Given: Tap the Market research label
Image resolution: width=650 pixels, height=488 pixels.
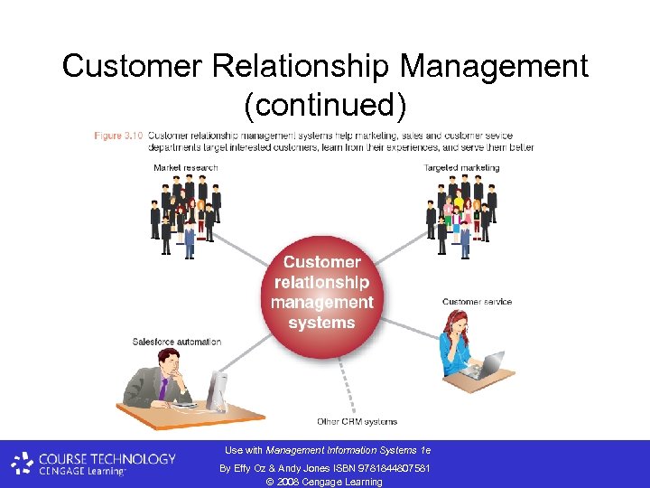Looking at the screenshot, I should point(186,167).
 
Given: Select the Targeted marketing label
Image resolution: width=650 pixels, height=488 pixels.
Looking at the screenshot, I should point(460,167).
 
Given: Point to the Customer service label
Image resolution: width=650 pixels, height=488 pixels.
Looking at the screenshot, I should point(477,302).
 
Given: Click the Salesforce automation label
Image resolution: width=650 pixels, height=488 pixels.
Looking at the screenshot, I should point(177,342).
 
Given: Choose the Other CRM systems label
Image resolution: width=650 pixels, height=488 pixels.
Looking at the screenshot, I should point(357,421).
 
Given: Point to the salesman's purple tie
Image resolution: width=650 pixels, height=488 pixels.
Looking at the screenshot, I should point(163,389).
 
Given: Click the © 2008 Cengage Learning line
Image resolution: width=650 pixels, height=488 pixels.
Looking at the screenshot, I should point(324,481).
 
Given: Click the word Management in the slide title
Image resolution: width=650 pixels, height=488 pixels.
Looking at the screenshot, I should point(495,66).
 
